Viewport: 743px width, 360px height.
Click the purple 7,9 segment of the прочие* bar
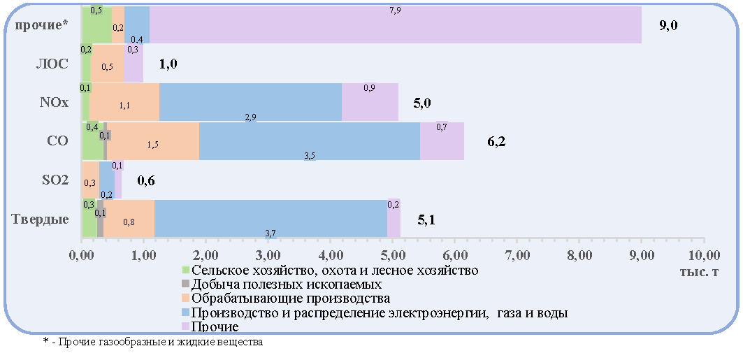point(396,24)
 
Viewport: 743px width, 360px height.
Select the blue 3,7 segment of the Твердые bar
point(270,218)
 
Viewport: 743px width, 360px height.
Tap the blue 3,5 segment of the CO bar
point(310,141)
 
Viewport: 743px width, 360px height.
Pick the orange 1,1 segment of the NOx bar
point(124,102)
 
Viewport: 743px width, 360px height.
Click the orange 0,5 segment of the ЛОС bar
point(107,64)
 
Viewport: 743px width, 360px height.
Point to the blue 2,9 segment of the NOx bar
point(251,102)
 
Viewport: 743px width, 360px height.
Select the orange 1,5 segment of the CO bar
point(153,141)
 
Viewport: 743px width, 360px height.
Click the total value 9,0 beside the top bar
point(669,26)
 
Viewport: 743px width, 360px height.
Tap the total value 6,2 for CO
point(496,142)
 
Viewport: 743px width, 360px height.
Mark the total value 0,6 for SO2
point(146,180)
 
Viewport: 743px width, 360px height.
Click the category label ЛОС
point(52,64)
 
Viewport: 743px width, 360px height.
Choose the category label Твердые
point(41,219)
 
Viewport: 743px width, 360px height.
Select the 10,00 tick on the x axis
point(704,256)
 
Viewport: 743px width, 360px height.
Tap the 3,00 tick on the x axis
point(268,256)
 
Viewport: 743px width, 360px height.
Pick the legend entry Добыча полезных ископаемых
point(282,285)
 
